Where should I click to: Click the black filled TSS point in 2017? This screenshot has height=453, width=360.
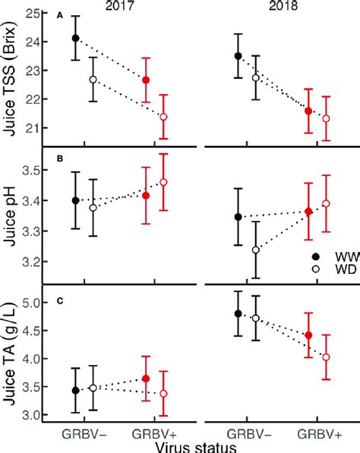pyautogui.click(x=76, y=38)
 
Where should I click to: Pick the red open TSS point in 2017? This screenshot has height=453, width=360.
pyautogui.click(x=163, y=117)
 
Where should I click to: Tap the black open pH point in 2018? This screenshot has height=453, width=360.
pyautogui.click(x=256, y=250)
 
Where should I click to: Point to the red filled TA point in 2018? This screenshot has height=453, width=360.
pyautogui.click(x=308, y=335)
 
